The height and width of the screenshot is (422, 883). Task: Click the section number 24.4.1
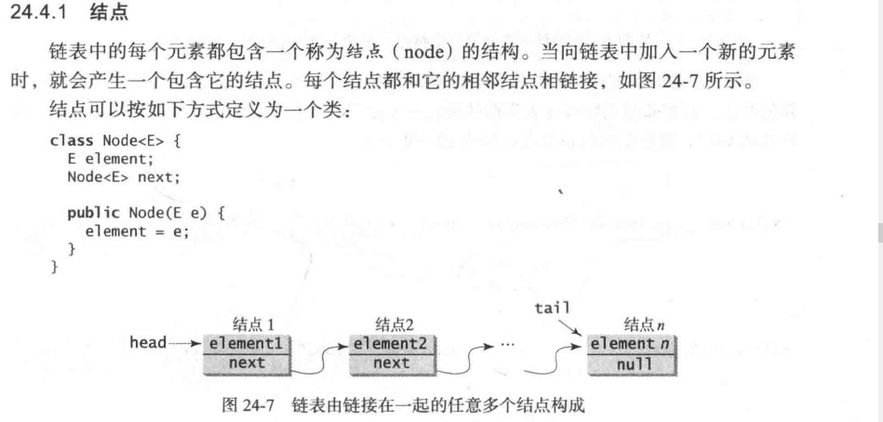38,14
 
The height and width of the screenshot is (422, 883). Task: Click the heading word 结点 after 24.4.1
108,14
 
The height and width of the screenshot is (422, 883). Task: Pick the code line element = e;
136,231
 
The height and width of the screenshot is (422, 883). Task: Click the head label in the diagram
147,343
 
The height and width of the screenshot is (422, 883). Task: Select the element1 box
245,344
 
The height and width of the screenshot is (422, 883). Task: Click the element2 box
391,344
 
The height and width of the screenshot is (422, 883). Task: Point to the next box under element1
245,363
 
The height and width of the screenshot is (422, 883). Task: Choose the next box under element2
391,363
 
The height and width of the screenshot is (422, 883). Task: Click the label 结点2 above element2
394,324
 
